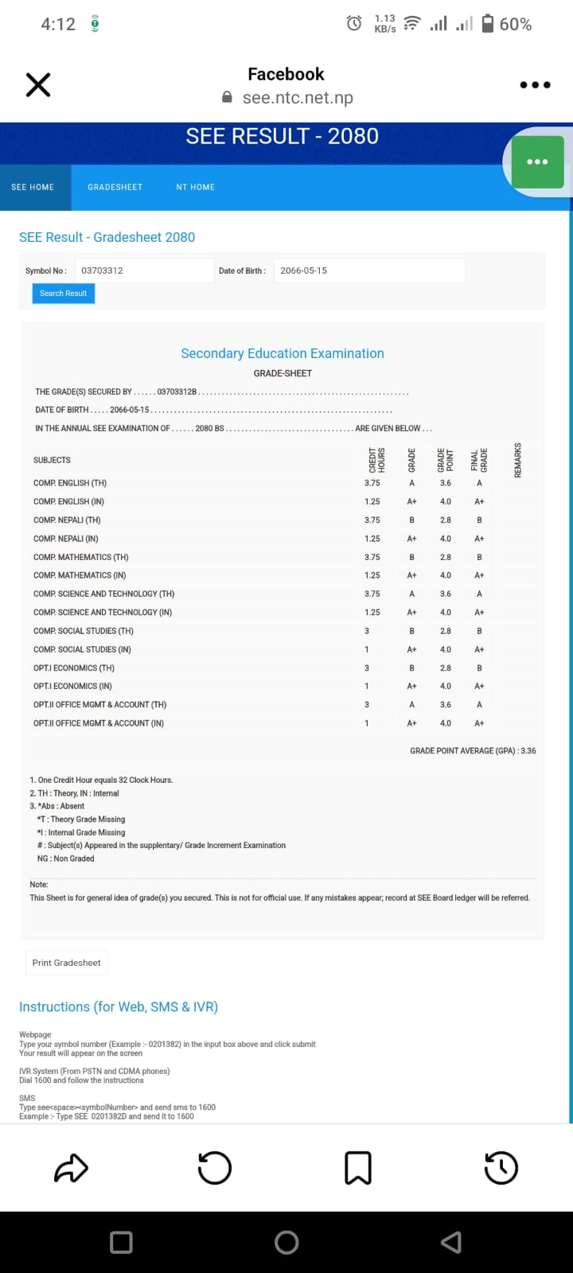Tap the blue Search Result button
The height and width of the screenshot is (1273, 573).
pyautogui.click(x=63, y=294)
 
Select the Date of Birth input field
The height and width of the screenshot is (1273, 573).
pyautogui.click(x=368, y=271)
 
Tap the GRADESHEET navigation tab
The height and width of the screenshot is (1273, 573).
pyautogui.click(x=115, y=187)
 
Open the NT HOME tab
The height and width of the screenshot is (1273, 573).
pyautogui.click(x=195, y=187)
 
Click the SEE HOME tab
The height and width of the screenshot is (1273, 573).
pyautogui.click(x=33, y=187)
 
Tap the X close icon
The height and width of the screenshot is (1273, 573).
pyautogui.click(x=38, y=84)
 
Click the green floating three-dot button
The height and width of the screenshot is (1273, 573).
pyautogui.click(x=537, y=162)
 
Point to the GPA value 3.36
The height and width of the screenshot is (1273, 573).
pyautogui.click(x=528, y=750)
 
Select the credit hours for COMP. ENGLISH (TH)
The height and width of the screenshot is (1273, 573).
pyautogui.click(x=372, y=483)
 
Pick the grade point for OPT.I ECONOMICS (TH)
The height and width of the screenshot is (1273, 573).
pyautogui.click(x=446, y=668)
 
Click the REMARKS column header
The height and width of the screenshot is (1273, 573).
pyautogui.click(x=518, y=460)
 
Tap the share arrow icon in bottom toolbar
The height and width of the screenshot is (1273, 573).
pyautogui.click(x=71, y=1168)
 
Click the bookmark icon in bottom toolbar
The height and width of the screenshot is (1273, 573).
pyautogui.click(x=358, y=1168)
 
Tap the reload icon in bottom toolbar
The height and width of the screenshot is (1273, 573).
pyautogui.click(x=214, y=1168)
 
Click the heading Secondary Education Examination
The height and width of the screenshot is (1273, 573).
pyautogui.click(x=283, y=353)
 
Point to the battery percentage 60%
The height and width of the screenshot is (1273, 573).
pyautogui.click(x=515, y=25)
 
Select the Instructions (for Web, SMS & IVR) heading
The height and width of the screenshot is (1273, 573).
pyautogui.click(x=119, y=1006)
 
